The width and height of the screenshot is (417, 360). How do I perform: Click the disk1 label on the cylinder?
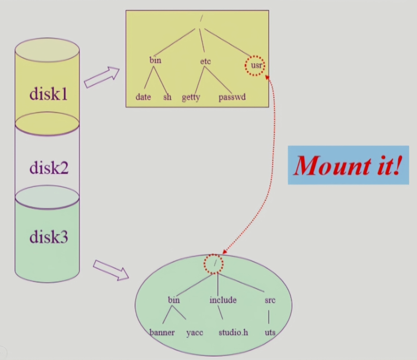tap(49, 95)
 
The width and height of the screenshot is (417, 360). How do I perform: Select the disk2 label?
tap(49, 168)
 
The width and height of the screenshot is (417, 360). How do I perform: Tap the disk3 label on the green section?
tap(49, 237)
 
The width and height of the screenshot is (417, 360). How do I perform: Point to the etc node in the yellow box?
tap(205, 61)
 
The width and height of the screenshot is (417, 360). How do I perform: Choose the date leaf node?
tap(143, 97)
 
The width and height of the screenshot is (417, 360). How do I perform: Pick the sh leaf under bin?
tap(167, 97)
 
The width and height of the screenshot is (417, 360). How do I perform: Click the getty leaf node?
tap(191, 98)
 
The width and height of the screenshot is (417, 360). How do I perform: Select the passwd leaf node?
tap(232, 97)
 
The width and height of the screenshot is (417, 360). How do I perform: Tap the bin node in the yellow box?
tap(155, 60)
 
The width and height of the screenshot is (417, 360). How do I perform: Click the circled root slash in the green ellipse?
tap(214, 264)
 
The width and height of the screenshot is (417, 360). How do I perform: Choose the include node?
tap(223, 300)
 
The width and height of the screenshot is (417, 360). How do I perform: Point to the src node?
tap(270, 300)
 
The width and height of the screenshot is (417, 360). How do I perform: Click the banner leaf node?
tap(162, 332)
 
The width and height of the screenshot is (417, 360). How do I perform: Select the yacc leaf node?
tap(195, 332)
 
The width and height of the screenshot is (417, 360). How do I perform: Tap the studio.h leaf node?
tap(233, 332)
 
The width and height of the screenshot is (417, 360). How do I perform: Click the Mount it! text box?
tap(348, 165)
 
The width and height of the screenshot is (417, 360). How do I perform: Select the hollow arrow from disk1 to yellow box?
tap(102, 77)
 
